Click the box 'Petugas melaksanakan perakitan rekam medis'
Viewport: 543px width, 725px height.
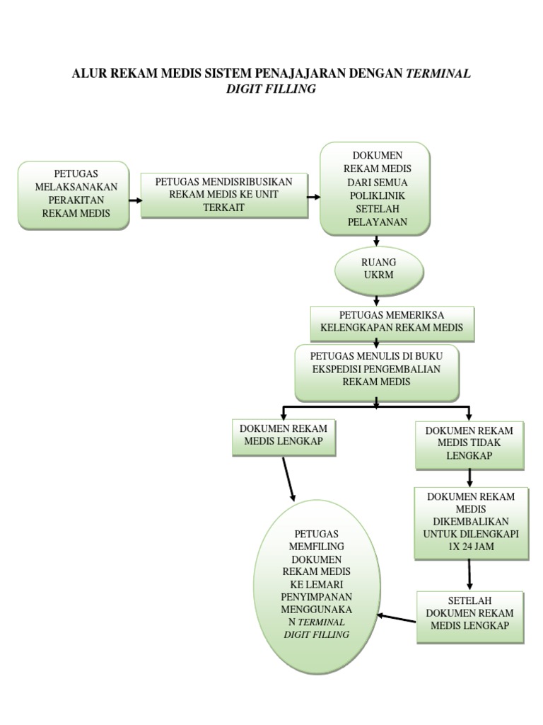tap(74, 195)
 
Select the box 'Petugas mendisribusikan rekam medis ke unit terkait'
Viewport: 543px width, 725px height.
tap(224, 194)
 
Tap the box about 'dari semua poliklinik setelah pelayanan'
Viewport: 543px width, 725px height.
tap(375, 188)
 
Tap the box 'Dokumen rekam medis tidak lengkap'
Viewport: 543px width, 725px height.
tap(469, 443)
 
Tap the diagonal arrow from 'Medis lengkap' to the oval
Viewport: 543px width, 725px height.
tap(288, 480)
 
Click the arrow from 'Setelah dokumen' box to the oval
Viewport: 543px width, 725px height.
tap(397, 619)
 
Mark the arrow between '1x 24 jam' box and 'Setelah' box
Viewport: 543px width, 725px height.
tap(469, 575)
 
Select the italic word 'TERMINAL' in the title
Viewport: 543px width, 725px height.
tap(437, 74)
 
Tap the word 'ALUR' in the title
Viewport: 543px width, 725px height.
tap(88, 74)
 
